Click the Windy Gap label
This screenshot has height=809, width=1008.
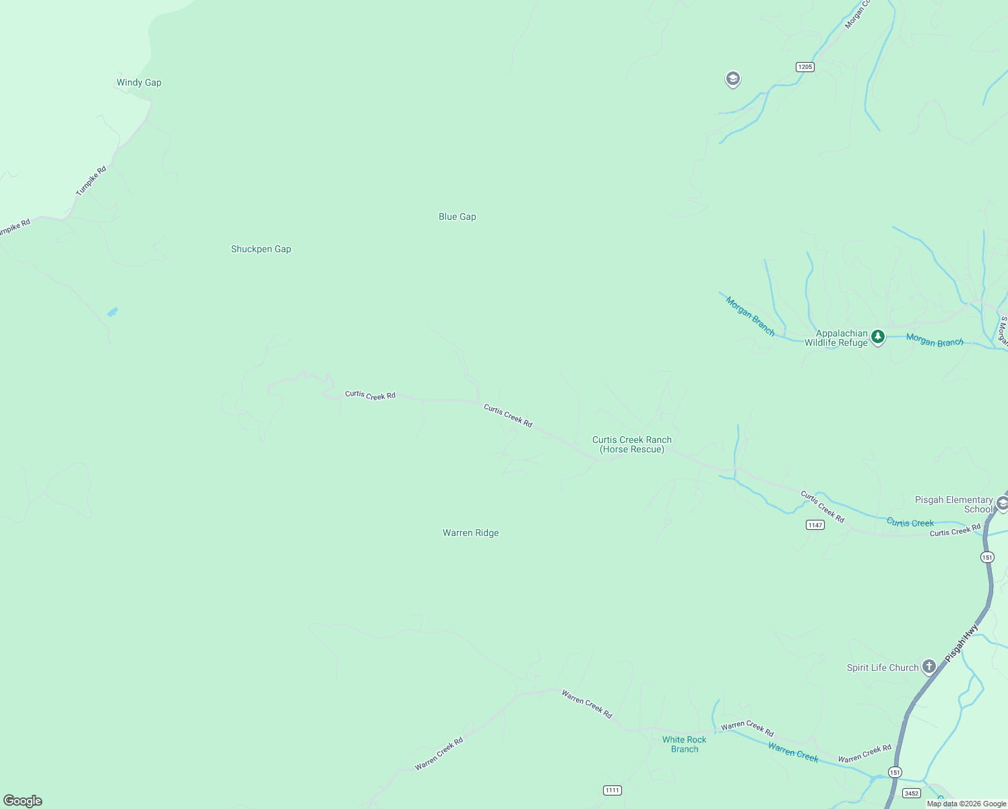[139, 82]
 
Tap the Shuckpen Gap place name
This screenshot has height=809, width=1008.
[261, 249]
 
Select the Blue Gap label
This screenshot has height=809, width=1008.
[457, 216]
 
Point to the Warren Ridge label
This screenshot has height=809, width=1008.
[470, 533]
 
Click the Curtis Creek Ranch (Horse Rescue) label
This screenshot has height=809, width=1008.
[631, 444]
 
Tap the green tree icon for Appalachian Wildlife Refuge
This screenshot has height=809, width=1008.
[877, 336]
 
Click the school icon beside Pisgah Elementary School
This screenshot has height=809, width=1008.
[1002, 504]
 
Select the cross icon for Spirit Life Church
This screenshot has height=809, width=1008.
[929, 667]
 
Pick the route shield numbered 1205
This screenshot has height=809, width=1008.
[805, 67]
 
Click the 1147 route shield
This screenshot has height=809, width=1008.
[815, 525]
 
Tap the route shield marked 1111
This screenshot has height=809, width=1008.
[612, 790]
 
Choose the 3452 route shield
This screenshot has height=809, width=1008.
[912, 793]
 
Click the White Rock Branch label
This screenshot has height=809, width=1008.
[684, 744]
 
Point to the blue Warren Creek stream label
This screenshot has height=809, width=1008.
[793, 752]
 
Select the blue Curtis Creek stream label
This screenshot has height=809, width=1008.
[910, 522]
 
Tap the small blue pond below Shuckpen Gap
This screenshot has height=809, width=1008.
[112, 312]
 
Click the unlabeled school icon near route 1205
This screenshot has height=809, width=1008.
[732, 80]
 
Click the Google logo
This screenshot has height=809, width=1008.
[23, 800]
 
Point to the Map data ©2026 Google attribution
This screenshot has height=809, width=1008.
[966, 804]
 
